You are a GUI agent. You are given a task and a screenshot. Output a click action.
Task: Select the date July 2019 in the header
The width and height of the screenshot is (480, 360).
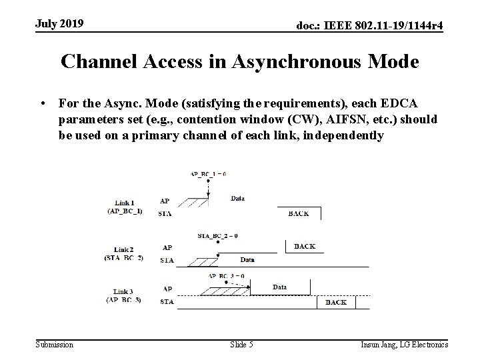tap(60, 24)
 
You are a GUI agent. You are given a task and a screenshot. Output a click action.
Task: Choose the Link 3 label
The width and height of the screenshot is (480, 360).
tap(124, 291)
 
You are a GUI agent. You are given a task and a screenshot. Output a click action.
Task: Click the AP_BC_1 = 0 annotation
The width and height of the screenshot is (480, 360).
tap(208, 174)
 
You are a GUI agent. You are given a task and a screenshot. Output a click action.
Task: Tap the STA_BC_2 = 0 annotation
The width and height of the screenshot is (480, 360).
tap(219, 235)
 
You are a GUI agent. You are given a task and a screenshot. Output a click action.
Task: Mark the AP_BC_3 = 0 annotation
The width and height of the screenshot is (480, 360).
tap(226, 275)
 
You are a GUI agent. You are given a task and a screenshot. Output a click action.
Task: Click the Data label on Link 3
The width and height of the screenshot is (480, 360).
tap(280, 287)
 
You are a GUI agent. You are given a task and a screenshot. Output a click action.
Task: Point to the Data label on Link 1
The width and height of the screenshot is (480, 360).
tap(237, 198)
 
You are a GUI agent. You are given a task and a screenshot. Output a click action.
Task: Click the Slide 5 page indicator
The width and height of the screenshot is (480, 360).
tap(241, 344)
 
